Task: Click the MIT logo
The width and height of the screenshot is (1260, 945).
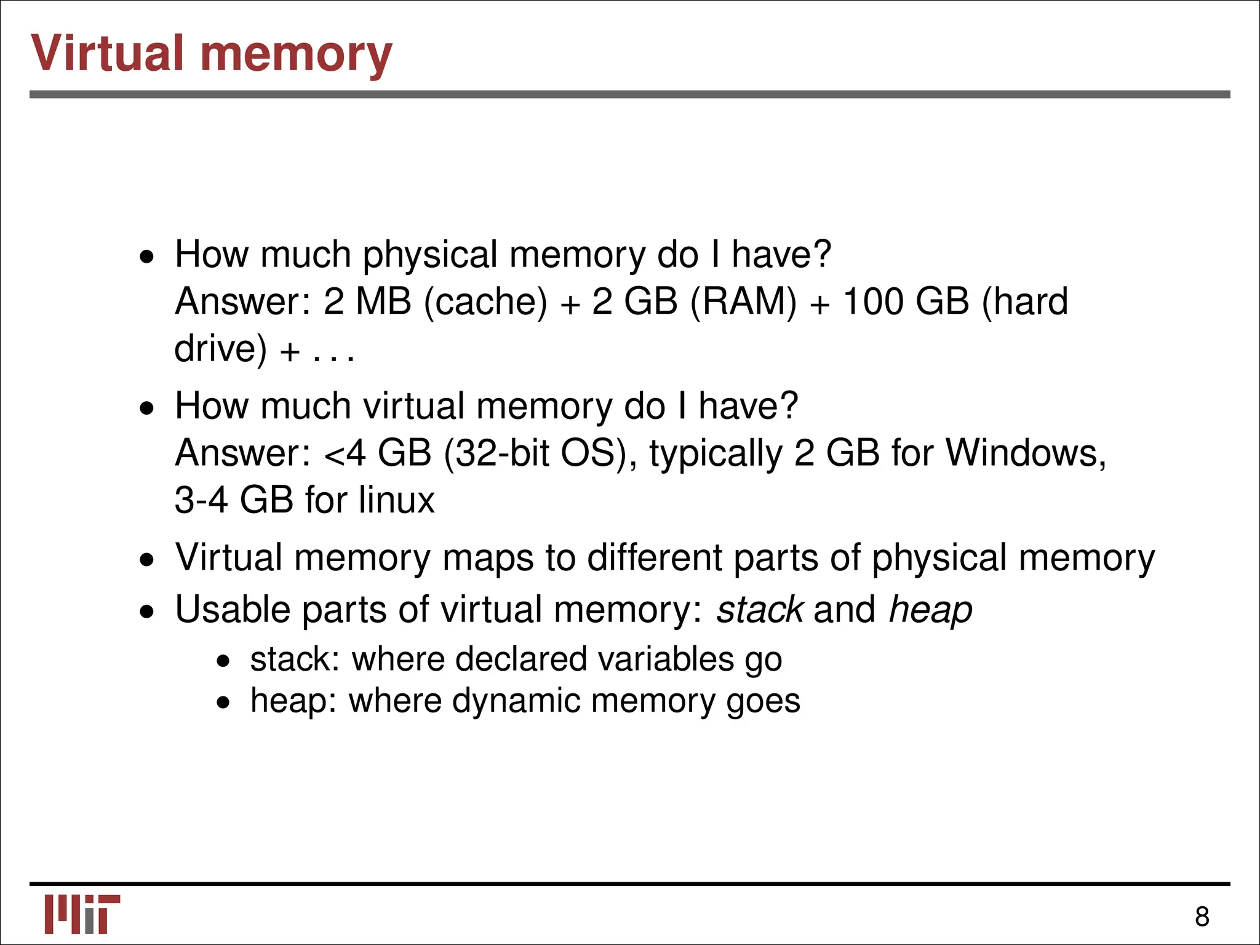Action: click(x=82, y=914)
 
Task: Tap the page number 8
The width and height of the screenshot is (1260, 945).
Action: click(x=1202, y=917)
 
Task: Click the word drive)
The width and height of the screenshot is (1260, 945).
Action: click(x=221, y=349)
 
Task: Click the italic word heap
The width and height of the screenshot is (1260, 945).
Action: click(x=930, y=610)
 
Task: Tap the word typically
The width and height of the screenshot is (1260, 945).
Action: click(x=716, y=454)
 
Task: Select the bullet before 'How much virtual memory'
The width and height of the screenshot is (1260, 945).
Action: click(x=146, y=408)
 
